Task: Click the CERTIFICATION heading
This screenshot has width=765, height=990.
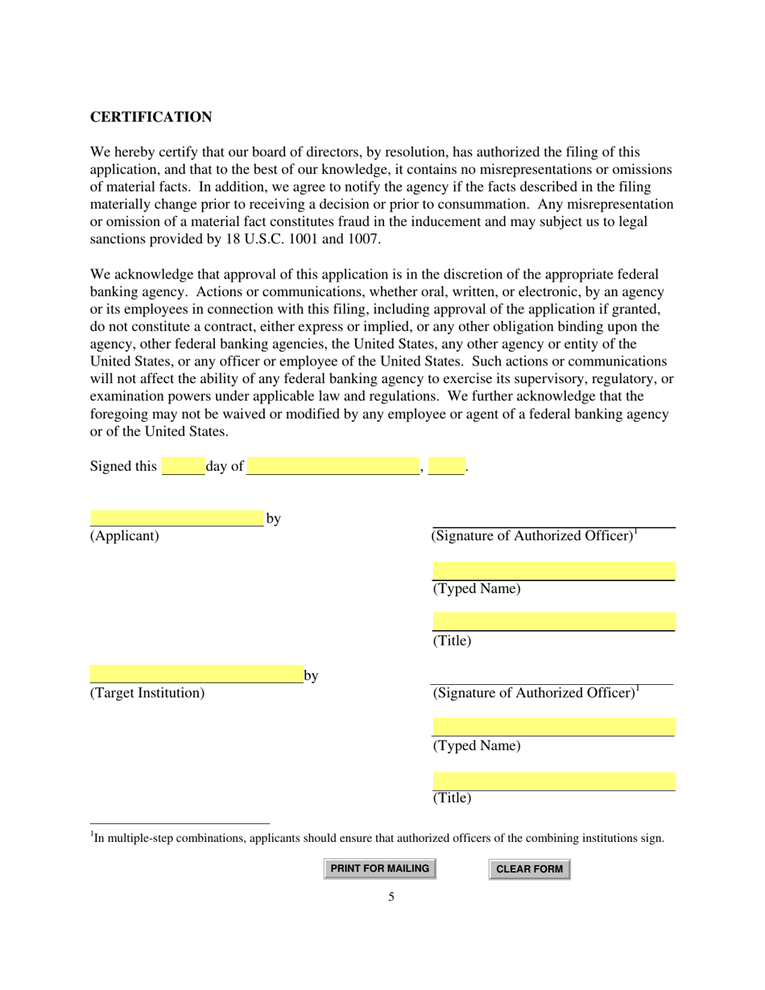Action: [151, 118]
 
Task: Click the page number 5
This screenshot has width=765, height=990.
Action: [391, 897]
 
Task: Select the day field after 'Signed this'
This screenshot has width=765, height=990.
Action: [183, 466]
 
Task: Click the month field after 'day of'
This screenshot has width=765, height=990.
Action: [333, 466]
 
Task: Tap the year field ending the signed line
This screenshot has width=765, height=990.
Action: [446, 466]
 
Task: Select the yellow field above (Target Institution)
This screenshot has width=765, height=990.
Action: [196, 674]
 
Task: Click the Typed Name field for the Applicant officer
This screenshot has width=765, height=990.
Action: [553, 571]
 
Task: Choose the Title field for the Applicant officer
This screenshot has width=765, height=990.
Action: [553, 621]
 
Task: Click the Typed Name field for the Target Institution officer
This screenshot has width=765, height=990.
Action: [553, 727]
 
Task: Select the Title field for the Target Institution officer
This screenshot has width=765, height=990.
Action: [553, 781]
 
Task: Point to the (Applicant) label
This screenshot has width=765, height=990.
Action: [125, 536]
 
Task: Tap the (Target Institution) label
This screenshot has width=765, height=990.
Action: [147, 693]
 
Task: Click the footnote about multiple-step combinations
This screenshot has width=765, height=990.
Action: [378, 838]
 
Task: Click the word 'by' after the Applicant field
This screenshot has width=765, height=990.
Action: [273, 518]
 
